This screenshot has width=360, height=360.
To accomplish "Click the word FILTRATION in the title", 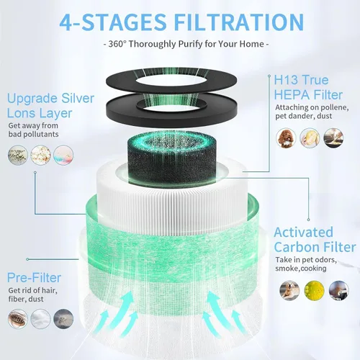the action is [239, 22].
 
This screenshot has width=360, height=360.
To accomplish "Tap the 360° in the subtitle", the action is [117, 44].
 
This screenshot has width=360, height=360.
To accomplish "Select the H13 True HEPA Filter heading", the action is [308, 87].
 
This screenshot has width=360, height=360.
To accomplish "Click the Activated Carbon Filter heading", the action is [315, 240].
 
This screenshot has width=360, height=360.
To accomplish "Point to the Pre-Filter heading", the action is [34, 278].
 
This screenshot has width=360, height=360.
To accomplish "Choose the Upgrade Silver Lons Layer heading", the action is [50, 106].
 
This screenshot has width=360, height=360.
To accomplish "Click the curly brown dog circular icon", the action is [286, 138].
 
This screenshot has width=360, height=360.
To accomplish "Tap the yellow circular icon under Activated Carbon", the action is [314, 290].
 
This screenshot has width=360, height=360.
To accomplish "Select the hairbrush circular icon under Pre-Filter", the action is [18, 319].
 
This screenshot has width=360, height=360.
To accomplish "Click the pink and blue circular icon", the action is [63, 155].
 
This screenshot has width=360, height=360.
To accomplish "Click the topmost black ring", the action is [171, 80].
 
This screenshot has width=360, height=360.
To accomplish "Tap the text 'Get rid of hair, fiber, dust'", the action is [32, 294].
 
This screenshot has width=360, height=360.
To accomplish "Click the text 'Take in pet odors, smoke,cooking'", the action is [306, 264].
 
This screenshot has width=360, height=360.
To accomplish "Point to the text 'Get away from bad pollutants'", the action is [33, 130].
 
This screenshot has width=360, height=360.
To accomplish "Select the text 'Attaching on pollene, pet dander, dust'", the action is [312, 112].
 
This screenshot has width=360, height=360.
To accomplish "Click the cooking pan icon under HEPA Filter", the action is [333, 138].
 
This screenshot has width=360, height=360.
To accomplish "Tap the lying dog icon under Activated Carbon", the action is [289, 290].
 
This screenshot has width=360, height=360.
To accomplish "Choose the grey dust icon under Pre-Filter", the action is [63, 319].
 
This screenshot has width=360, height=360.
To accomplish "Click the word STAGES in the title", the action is [124, 22].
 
